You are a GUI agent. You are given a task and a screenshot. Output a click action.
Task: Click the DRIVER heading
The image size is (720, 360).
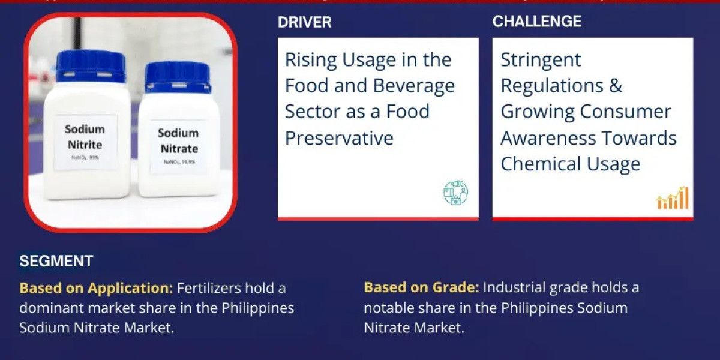[304, 22]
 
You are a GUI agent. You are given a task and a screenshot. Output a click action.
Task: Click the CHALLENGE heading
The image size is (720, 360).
[536, 22]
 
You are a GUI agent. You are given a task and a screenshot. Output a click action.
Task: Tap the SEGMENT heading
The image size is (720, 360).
[56, 261]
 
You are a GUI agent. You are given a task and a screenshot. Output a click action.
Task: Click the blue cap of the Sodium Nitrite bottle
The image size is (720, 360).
[91, 65]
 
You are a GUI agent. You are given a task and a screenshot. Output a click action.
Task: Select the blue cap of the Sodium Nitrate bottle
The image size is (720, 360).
[178, 77]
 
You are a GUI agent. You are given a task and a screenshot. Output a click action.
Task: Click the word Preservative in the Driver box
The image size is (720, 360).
[339, 138]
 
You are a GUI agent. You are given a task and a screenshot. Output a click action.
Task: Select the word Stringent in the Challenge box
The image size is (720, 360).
[541, 59]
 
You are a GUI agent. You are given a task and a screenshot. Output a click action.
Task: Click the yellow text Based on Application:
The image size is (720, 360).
[96, 288]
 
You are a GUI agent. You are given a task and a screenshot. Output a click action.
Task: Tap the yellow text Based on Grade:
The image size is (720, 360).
[421, 288]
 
